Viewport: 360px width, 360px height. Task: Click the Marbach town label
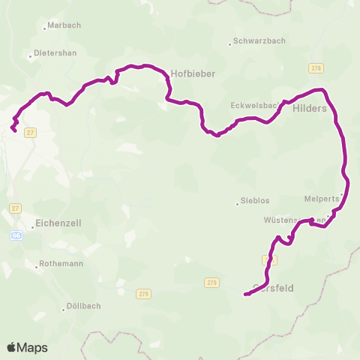64,25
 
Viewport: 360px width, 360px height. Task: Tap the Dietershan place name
54,55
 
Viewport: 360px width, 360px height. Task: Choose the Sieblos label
255,201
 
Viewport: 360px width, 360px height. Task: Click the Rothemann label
61,265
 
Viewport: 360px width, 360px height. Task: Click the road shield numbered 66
16,235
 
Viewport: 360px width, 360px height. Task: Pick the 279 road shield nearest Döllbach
142,293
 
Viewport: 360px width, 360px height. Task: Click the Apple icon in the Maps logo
12,347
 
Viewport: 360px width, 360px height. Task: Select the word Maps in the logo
34,347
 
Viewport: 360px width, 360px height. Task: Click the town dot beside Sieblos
235,201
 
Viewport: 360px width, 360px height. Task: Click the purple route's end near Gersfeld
245,295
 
